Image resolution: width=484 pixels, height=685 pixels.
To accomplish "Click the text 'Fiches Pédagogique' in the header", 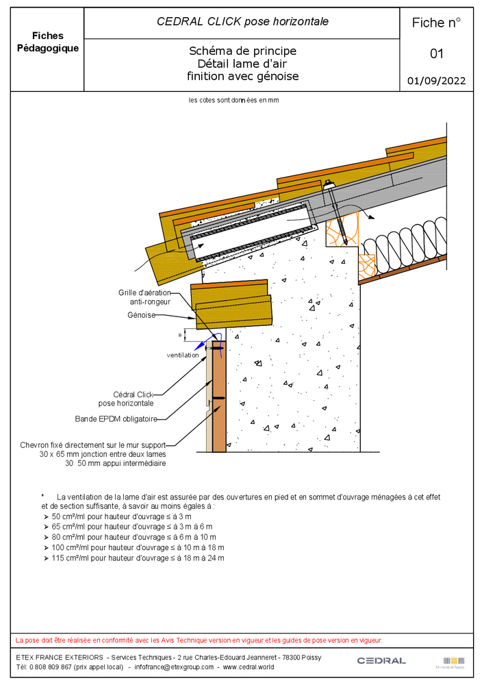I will click(x=47, y=42).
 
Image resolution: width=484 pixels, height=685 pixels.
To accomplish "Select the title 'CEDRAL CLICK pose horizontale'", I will click(x=242, y=22).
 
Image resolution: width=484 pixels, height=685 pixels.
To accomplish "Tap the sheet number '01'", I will click(x=437, y=53).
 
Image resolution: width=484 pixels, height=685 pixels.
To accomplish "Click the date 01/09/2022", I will click(x=436, y=81).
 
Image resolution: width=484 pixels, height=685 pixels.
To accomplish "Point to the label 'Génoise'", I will click(x=142, y=315).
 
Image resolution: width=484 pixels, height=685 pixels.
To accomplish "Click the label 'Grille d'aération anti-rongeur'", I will click(x=144, y=297).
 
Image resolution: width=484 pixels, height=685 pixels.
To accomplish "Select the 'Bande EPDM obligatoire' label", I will click(x=116, y=418).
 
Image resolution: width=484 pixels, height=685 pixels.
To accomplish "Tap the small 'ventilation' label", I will click(x=183, y=355).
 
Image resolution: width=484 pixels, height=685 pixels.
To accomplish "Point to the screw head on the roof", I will click(x=329, y=184).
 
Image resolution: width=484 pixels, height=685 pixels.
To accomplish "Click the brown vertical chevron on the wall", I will click(x=219, y=397).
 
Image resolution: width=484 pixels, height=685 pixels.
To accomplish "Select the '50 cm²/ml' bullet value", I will click(x=69, y=516).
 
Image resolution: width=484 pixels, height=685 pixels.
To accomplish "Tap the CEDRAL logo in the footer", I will click(x=381, y=660).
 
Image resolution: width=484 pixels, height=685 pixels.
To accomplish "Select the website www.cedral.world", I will click(x=249, y=667).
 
